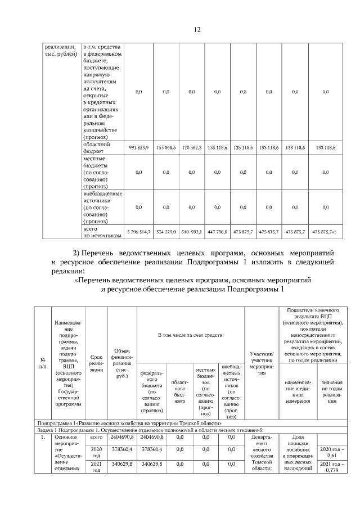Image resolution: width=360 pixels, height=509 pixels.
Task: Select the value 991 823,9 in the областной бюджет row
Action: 138,147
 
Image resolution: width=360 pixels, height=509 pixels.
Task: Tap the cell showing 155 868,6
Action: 166,147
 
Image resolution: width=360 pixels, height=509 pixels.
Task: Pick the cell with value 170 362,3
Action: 192,147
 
